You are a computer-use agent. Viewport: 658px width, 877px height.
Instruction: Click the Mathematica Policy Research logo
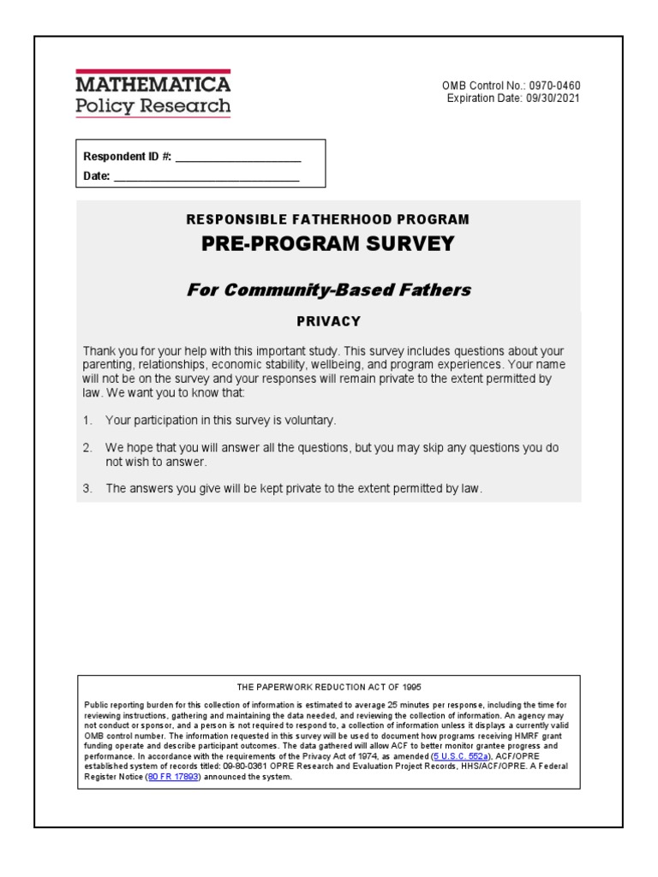tap(153, 94)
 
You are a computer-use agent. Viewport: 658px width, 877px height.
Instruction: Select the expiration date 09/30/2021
tap(561, 98)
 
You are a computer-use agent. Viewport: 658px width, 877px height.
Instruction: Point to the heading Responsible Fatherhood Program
tap(328, 220)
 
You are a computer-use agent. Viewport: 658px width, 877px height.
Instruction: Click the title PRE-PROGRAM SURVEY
tap(328, 244)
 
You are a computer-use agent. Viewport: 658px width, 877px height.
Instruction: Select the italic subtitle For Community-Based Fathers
tap(328, 289)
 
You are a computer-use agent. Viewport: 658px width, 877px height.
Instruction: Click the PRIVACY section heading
tap(328, 322)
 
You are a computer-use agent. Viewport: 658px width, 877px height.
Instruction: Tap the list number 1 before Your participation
tap(87, 421)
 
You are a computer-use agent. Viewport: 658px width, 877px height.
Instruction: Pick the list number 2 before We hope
tap(87, 449)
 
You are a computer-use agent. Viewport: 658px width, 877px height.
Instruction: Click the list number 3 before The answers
tap(87, 489)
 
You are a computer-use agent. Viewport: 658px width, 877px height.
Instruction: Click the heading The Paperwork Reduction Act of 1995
tap(329, 687)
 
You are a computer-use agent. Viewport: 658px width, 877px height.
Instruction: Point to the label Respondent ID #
tap(127, 157)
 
